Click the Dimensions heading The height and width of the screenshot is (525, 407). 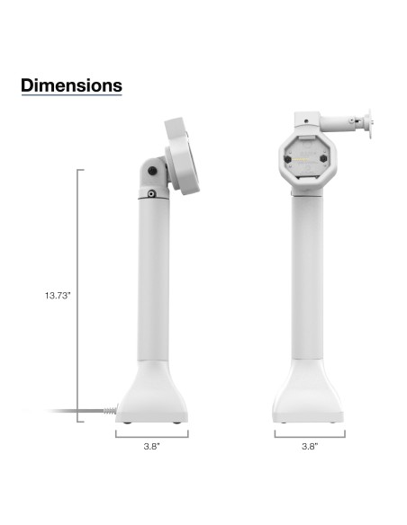point(71,86)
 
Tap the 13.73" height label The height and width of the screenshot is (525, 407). point(57,294)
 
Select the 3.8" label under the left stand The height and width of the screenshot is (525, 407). point(152,446)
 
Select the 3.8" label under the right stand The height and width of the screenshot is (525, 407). point(309,446)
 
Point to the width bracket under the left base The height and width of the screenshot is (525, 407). point(152,433)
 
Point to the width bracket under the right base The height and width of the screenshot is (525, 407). point(309,433)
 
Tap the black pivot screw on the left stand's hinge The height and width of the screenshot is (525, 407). point(153,170)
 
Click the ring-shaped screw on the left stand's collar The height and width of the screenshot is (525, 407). point(151,192)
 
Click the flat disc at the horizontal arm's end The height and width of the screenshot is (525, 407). point(366,121)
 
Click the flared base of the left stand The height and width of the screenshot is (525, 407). point(152,396)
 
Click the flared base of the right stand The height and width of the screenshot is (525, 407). point(309,396)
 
